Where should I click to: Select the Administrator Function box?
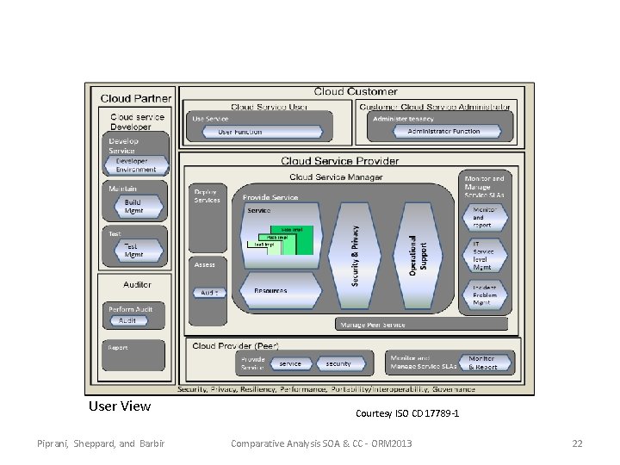(x=443, y=132)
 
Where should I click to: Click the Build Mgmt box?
(x=133, y=206)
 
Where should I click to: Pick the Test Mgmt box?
(x=133, y=251)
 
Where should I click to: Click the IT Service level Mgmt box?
(x=483, y=254)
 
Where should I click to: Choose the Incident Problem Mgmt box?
(x=483, y=295)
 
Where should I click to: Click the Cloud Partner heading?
(x=135, y=99)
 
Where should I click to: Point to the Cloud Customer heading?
(x=356, y=91)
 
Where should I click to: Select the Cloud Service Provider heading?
(x=339, y=161)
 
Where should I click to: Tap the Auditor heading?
(x=137, y=284)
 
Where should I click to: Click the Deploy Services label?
(x=207, y=195)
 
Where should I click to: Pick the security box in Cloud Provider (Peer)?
(x=338, y=364)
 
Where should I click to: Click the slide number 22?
(x=577, y=443)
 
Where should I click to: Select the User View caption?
(x=120, y=406)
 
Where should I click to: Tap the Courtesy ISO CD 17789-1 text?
(x=407, y=414)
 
